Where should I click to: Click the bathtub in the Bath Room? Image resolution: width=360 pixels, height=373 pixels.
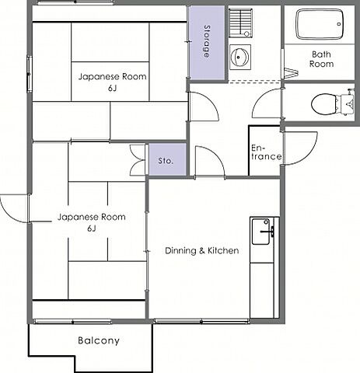320,24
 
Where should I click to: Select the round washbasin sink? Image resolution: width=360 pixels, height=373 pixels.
240,57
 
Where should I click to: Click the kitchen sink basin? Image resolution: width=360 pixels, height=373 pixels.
261,232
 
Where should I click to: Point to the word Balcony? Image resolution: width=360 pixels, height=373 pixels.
99,340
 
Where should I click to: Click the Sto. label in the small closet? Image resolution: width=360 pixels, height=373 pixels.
166,161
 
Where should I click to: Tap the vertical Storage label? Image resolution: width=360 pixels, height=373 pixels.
207,41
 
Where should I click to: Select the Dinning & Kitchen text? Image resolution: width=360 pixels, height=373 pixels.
202,250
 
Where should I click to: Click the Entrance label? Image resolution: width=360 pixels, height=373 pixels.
266,152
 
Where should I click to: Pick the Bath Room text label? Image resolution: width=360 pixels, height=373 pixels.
321,59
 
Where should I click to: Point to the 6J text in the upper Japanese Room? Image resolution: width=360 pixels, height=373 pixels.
112,89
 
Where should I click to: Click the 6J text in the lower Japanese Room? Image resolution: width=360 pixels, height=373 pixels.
92,228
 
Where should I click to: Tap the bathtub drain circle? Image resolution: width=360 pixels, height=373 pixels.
339,24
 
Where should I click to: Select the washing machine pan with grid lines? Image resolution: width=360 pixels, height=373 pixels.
241,23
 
